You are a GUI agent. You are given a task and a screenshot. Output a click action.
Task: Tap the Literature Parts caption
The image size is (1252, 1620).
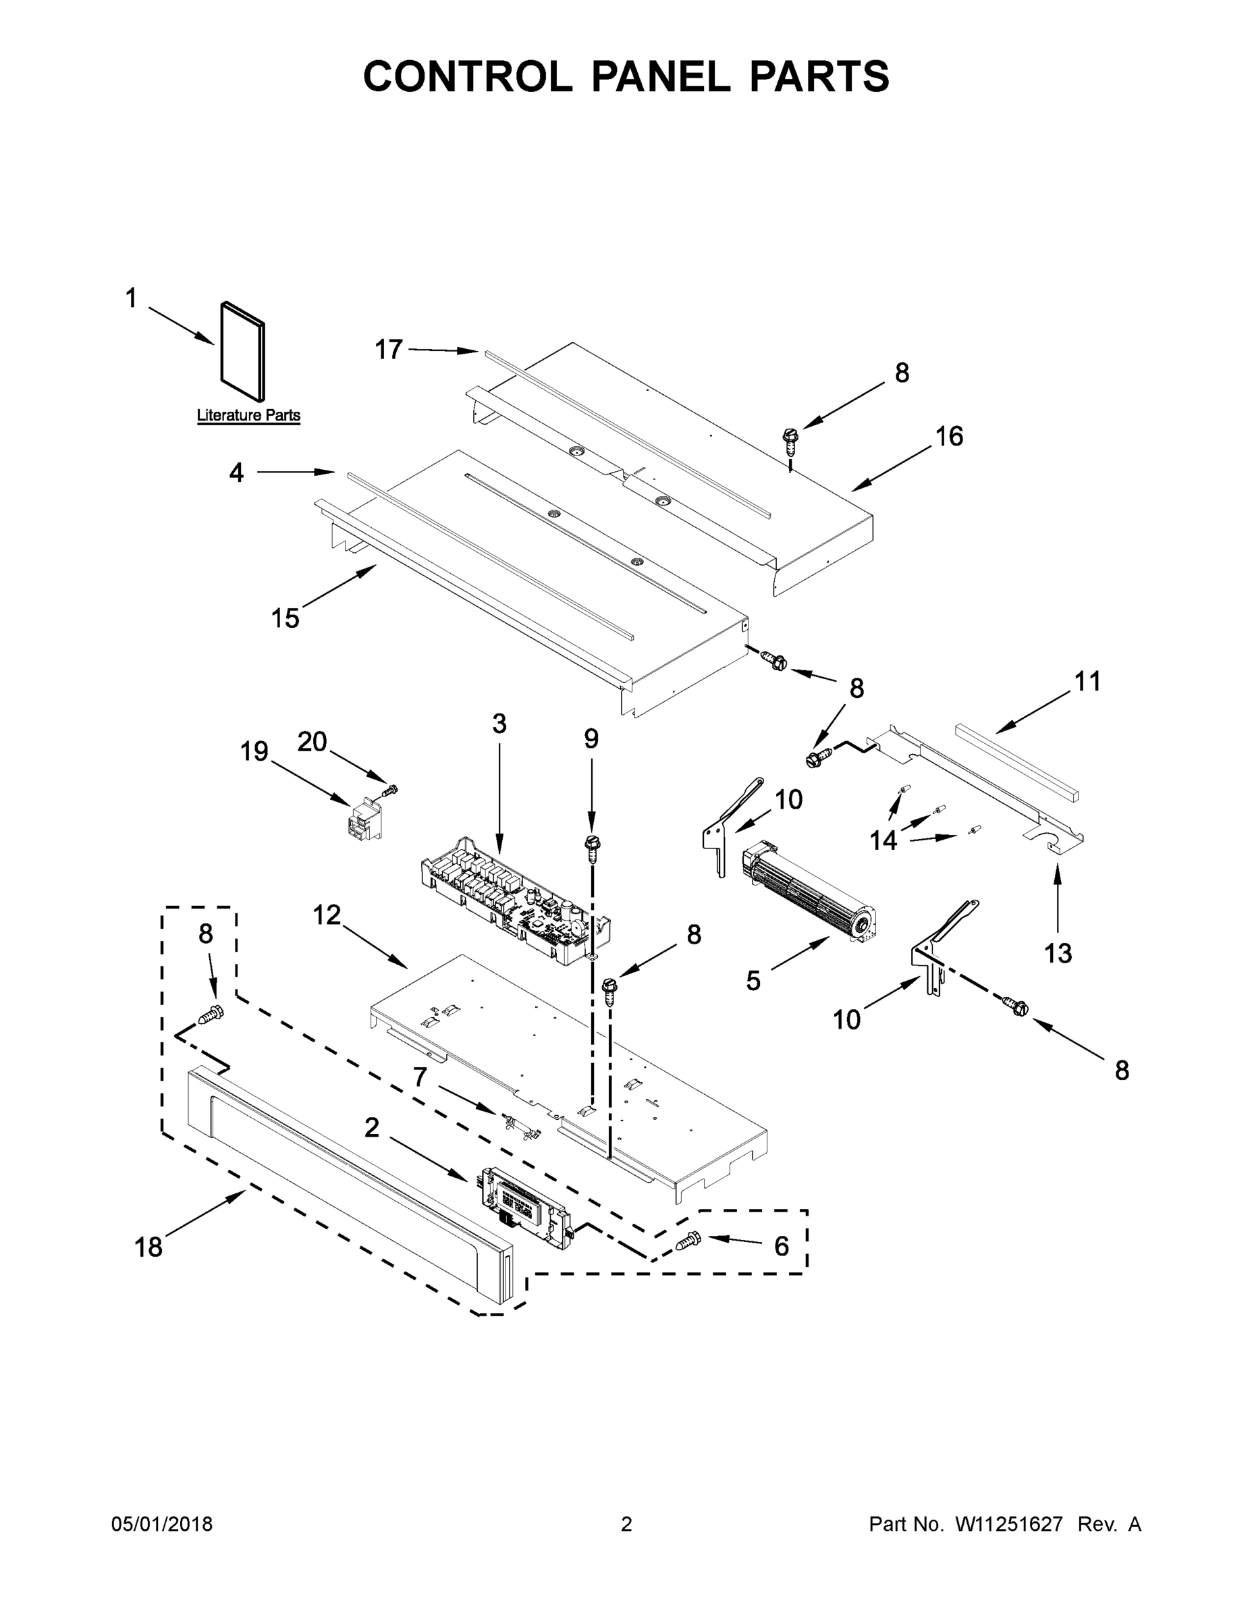point(248,415)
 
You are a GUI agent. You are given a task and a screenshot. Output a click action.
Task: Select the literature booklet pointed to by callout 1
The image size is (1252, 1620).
point(243,352)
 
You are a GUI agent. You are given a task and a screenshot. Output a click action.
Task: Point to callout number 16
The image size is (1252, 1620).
point(949,436)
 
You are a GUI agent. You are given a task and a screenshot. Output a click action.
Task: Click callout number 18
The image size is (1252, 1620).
point(148,1247)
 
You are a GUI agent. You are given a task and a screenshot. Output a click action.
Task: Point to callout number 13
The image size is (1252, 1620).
point(1058,954)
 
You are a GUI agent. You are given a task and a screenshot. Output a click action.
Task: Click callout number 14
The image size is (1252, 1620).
point(883,840)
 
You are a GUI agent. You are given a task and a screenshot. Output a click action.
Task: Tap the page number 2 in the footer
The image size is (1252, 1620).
point(626,1523)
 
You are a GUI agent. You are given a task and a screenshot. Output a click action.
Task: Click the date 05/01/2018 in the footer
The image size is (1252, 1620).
point(162,1523)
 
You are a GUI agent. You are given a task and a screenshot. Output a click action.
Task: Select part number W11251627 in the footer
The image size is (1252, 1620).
point(1009,1523)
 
